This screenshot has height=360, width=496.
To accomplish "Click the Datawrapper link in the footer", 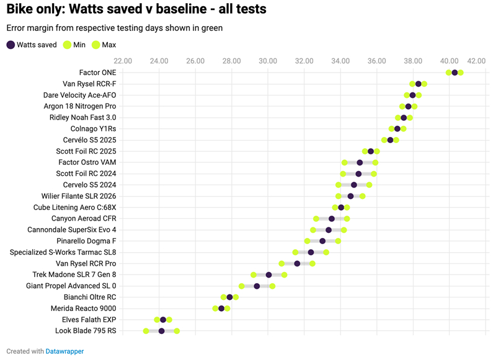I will point(64,351).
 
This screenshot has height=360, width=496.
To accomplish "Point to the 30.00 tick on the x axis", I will point(268,61).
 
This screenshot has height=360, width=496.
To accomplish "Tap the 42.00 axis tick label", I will point(476,61).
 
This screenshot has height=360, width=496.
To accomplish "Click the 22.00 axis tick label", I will point(123,61).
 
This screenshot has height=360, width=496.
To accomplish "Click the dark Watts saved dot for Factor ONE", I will point(454,72).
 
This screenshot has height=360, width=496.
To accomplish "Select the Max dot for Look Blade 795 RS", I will point(177,331).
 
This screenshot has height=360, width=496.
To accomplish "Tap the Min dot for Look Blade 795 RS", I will point(146,331).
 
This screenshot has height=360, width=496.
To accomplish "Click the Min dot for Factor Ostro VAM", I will point(344,162).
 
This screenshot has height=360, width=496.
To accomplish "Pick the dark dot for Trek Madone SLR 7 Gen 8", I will point(268,274).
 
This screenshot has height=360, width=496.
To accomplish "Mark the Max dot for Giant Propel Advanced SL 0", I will point(272,286).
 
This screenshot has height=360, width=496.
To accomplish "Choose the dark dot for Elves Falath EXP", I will point(163,320).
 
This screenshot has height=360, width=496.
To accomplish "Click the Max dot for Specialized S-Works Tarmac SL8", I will point(326,252).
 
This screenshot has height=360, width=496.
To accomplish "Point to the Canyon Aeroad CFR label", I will point(83,219).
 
